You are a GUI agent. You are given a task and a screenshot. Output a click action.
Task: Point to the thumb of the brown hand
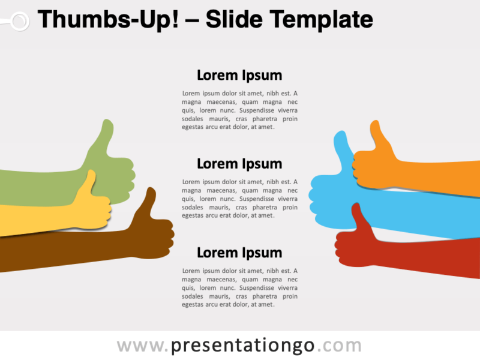tap(147, 202)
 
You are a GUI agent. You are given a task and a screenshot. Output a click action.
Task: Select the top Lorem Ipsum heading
tap(239, 76)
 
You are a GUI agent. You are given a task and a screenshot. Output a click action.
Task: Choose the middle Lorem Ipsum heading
tap(239, 164)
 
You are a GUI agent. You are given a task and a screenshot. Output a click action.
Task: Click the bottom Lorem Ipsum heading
tap(239, 253)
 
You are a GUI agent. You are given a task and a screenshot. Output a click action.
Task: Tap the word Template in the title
tap(322, 20)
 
